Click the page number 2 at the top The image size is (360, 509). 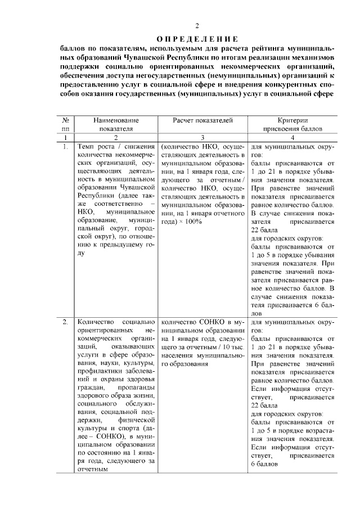pos(197,26)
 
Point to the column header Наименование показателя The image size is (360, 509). pos(116,124)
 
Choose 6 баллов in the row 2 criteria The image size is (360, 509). pos(266,464)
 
